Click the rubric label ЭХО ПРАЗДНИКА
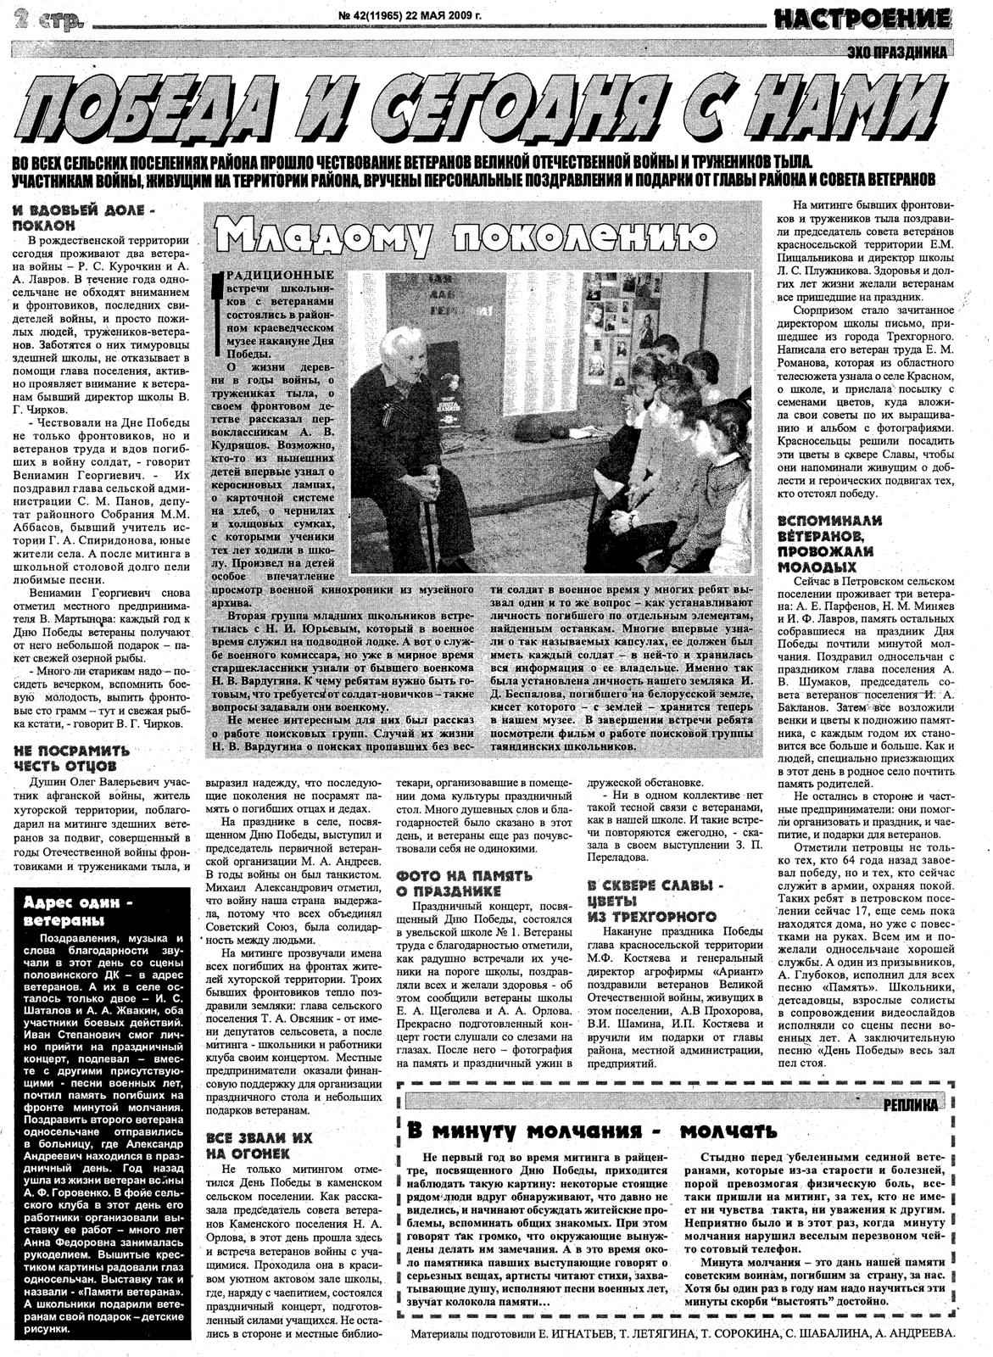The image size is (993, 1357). tap(897, 53)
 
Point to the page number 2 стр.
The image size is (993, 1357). tap(43, 18)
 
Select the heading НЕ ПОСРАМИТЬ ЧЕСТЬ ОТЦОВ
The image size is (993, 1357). tap(72, 757)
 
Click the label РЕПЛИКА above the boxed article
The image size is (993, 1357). tap(910, 1105)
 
